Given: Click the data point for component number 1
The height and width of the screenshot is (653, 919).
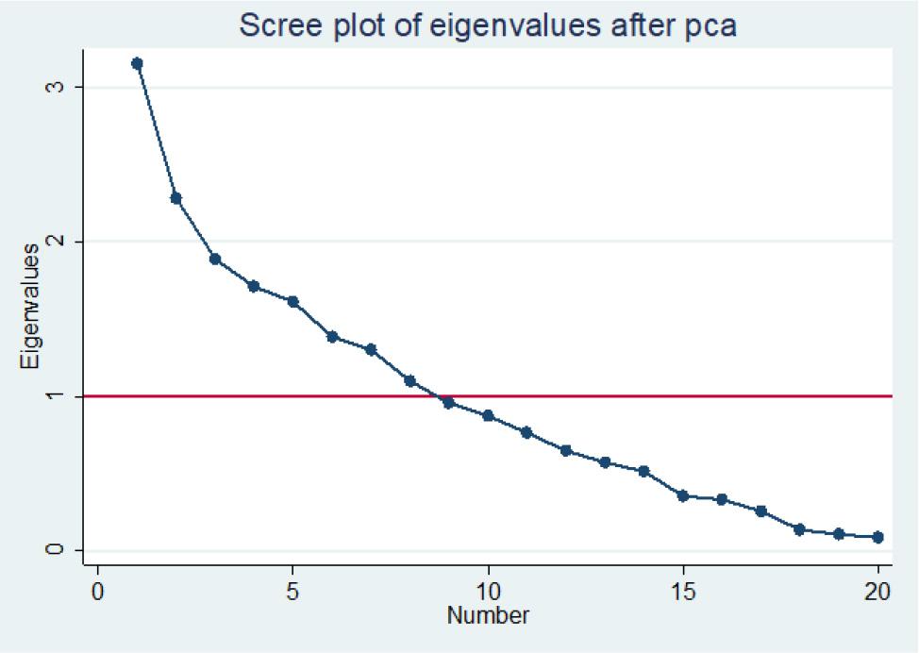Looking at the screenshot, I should [x=137, y=63].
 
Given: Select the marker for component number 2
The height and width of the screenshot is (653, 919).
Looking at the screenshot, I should [x=175, y=198].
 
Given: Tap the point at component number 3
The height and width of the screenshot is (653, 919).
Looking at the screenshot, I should [x=215, y=259].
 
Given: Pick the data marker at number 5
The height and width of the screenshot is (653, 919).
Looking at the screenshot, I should [x=293, y=302].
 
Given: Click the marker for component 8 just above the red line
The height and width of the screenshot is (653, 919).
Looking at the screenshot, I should [x=409, y=380].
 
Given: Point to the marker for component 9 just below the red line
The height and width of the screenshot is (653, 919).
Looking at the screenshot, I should [x=449, y=403].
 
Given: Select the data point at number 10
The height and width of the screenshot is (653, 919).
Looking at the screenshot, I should [x=488, y=415].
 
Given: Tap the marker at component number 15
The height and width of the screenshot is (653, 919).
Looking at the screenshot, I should [x=683, y=495].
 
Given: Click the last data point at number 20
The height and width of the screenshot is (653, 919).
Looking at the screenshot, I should [x=877, y=537].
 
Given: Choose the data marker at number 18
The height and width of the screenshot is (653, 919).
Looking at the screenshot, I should [x=799, y=529].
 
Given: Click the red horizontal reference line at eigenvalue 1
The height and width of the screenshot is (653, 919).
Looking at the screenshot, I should [x=660, y=396].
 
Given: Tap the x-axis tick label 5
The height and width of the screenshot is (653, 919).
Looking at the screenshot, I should [x=293, y=592].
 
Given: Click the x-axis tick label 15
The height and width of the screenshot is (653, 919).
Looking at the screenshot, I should [x=683, y=592].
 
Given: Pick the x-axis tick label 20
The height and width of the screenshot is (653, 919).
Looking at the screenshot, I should [x=877, y=592].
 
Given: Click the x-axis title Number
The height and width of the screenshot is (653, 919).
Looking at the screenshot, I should [x=488, y=616].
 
